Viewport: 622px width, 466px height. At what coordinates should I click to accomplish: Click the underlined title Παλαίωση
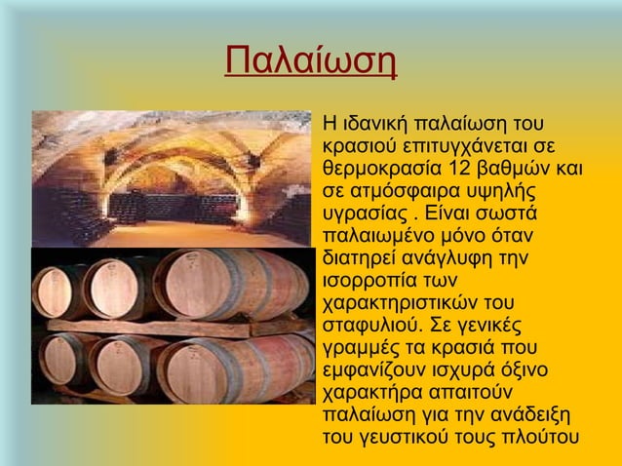coord(310,60)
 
